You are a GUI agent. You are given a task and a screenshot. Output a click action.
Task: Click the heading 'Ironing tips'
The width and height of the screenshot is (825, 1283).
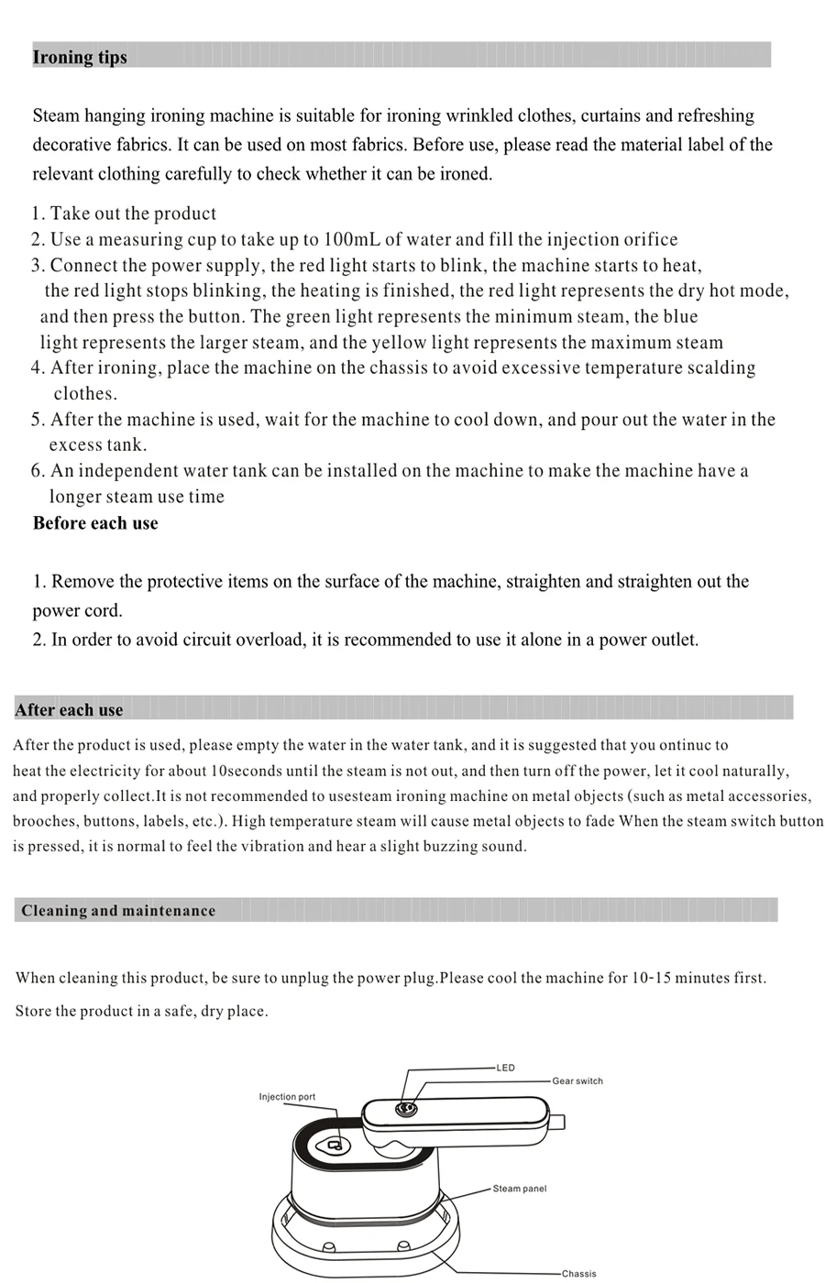(x=80, y=57)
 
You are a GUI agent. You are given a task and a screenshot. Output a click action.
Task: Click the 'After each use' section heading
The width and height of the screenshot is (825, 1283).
(x=69, y=709)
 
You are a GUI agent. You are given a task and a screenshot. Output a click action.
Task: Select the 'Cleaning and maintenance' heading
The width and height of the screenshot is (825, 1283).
(x=118, y=910)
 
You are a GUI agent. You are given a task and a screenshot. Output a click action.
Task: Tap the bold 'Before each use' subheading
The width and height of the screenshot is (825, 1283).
(x=95, y=523)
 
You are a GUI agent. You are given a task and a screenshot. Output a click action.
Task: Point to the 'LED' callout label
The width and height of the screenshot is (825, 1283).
(x=506, y=1068)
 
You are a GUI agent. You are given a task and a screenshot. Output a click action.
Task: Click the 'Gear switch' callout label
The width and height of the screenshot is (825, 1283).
(x=577, y=1081)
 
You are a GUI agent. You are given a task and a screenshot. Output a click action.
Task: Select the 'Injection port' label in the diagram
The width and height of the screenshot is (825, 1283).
(x=287, y=1097)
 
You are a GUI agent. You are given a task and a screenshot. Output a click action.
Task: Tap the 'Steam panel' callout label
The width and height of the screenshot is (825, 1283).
(x=520, y=1189)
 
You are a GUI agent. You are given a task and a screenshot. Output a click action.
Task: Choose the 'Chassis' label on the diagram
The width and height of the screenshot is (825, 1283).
(x=578, y=1273)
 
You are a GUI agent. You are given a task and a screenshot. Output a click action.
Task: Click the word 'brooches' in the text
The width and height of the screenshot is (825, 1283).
(x=42, y=821)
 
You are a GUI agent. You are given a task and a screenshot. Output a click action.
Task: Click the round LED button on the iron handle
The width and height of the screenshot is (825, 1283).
(x=403, y=1110)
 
